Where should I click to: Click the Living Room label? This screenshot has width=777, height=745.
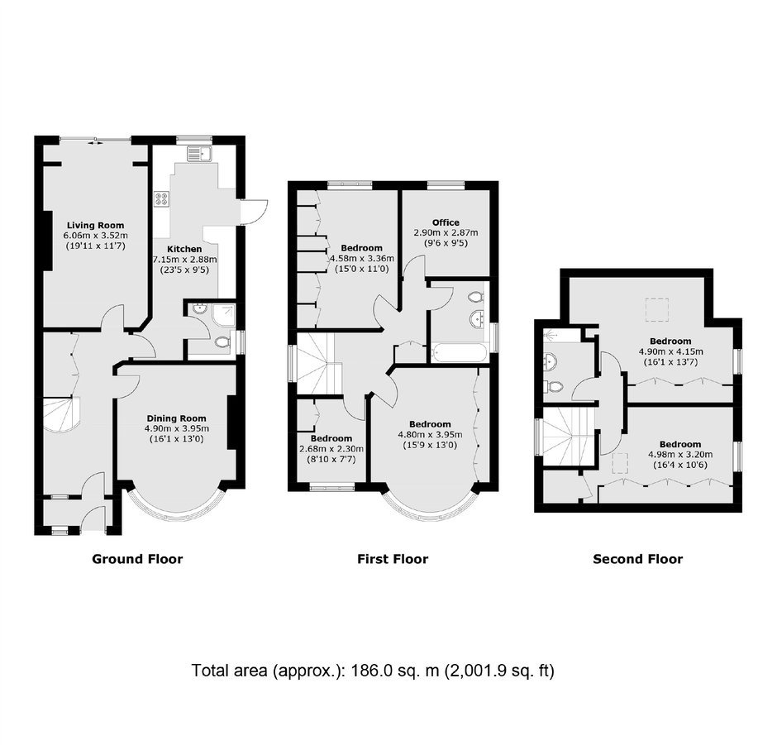pyautogui.click(x=96, y=225)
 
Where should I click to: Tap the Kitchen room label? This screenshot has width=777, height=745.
pyautogui.click(x=184, y=249)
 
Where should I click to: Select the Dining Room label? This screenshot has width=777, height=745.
pyautogui.click(x=176, y=418)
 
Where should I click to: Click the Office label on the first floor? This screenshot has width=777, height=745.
pyautogui.click(x=446, y=222)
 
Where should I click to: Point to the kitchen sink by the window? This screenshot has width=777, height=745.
pyautogui.click(x=199, y=154)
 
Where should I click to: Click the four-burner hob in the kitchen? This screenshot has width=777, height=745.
pyautogui.click(x=161, y=198)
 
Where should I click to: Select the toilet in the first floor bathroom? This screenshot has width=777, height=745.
pyautogui.click(x=476, y=297)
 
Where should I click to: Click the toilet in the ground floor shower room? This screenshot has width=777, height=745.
pyautogui.click(x=223, y=342)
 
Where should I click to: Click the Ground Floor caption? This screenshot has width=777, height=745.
pyautogui.click(x=137, y=559)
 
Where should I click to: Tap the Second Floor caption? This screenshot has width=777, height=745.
pyautogui.click(x=638, y=559)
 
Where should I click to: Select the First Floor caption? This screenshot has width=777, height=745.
pyautogui.click(x=393, y=559)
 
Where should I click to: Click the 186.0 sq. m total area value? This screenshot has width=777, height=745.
pyautogui.click(x=395, y=671)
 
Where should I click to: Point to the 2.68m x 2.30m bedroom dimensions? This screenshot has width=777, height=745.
pyautogui.click(x=331, y=449)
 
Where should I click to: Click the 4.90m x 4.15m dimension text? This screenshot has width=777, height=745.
pyautogui.click(x=671, y=351)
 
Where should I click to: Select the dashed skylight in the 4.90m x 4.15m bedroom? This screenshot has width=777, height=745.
pyautogui.click(x=657, y=310)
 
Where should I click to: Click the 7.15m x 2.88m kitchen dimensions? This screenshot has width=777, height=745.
pyautogui.click(x=185, y=260)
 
